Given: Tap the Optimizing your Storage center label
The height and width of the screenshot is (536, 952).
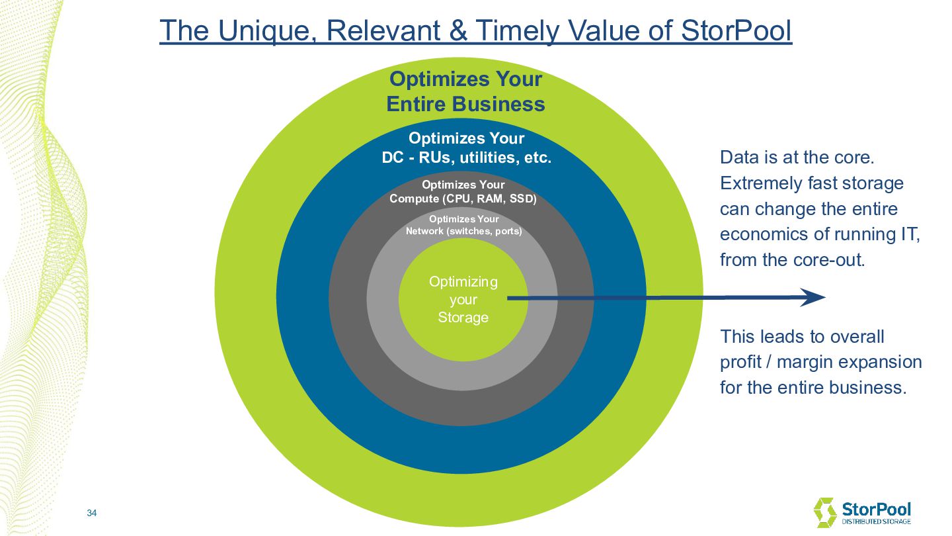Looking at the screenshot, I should point(463,299).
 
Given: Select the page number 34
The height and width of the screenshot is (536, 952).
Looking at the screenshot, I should point(92,514).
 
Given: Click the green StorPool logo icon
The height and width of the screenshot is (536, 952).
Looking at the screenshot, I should point(825,513).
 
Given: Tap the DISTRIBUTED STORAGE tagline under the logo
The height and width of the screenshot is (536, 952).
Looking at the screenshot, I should point(875,522).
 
